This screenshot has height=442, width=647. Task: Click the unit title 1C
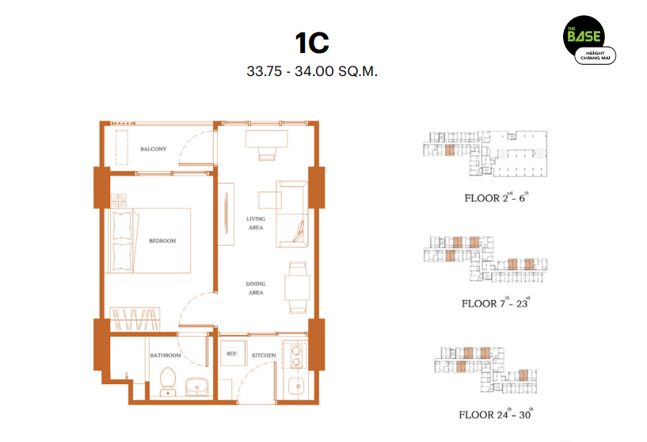pos(312,43)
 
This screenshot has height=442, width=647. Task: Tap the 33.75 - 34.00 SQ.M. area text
pos(312,71)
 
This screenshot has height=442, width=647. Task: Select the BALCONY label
pos(153,149)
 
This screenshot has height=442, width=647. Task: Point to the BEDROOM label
pos(162,241)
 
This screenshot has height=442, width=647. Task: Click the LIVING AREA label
pos(256,223)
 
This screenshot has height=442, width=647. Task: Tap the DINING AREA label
pos(256,288)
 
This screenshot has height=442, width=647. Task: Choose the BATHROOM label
pos(166,356)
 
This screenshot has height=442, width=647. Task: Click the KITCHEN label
pos(264,356)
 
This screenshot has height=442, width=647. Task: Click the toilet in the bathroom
pos(168,381)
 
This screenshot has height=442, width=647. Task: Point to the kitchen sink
pos(296,388)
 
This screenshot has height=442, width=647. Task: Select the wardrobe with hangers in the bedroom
pos(135,319)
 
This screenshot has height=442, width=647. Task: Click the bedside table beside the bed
pos(119,201)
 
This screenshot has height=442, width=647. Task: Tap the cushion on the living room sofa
pos(299,231)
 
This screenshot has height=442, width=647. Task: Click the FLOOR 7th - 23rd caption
pos(496,303)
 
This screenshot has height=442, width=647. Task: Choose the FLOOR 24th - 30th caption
pos(496,413)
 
